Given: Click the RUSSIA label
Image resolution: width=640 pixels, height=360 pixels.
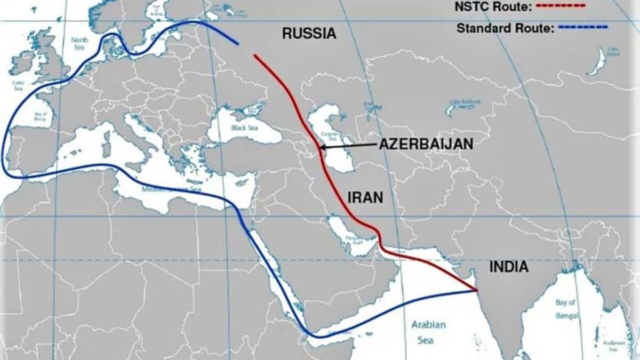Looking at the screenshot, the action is [x=309, y=34].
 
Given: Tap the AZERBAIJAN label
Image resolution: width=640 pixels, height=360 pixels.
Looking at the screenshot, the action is [x=426, y=145].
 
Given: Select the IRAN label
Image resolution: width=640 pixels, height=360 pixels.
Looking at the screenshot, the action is [x=365, y=197].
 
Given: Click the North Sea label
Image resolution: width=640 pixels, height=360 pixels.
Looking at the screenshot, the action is [x=79, y=42].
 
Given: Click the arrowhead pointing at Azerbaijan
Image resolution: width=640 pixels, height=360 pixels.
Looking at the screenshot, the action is [x=322, y=147].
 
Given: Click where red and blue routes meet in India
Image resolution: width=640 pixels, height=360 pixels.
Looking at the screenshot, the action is [x=476, y=291].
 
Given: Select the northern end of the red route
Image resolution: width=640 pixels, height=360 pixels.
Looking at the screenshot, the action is [x=254, y=54].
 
